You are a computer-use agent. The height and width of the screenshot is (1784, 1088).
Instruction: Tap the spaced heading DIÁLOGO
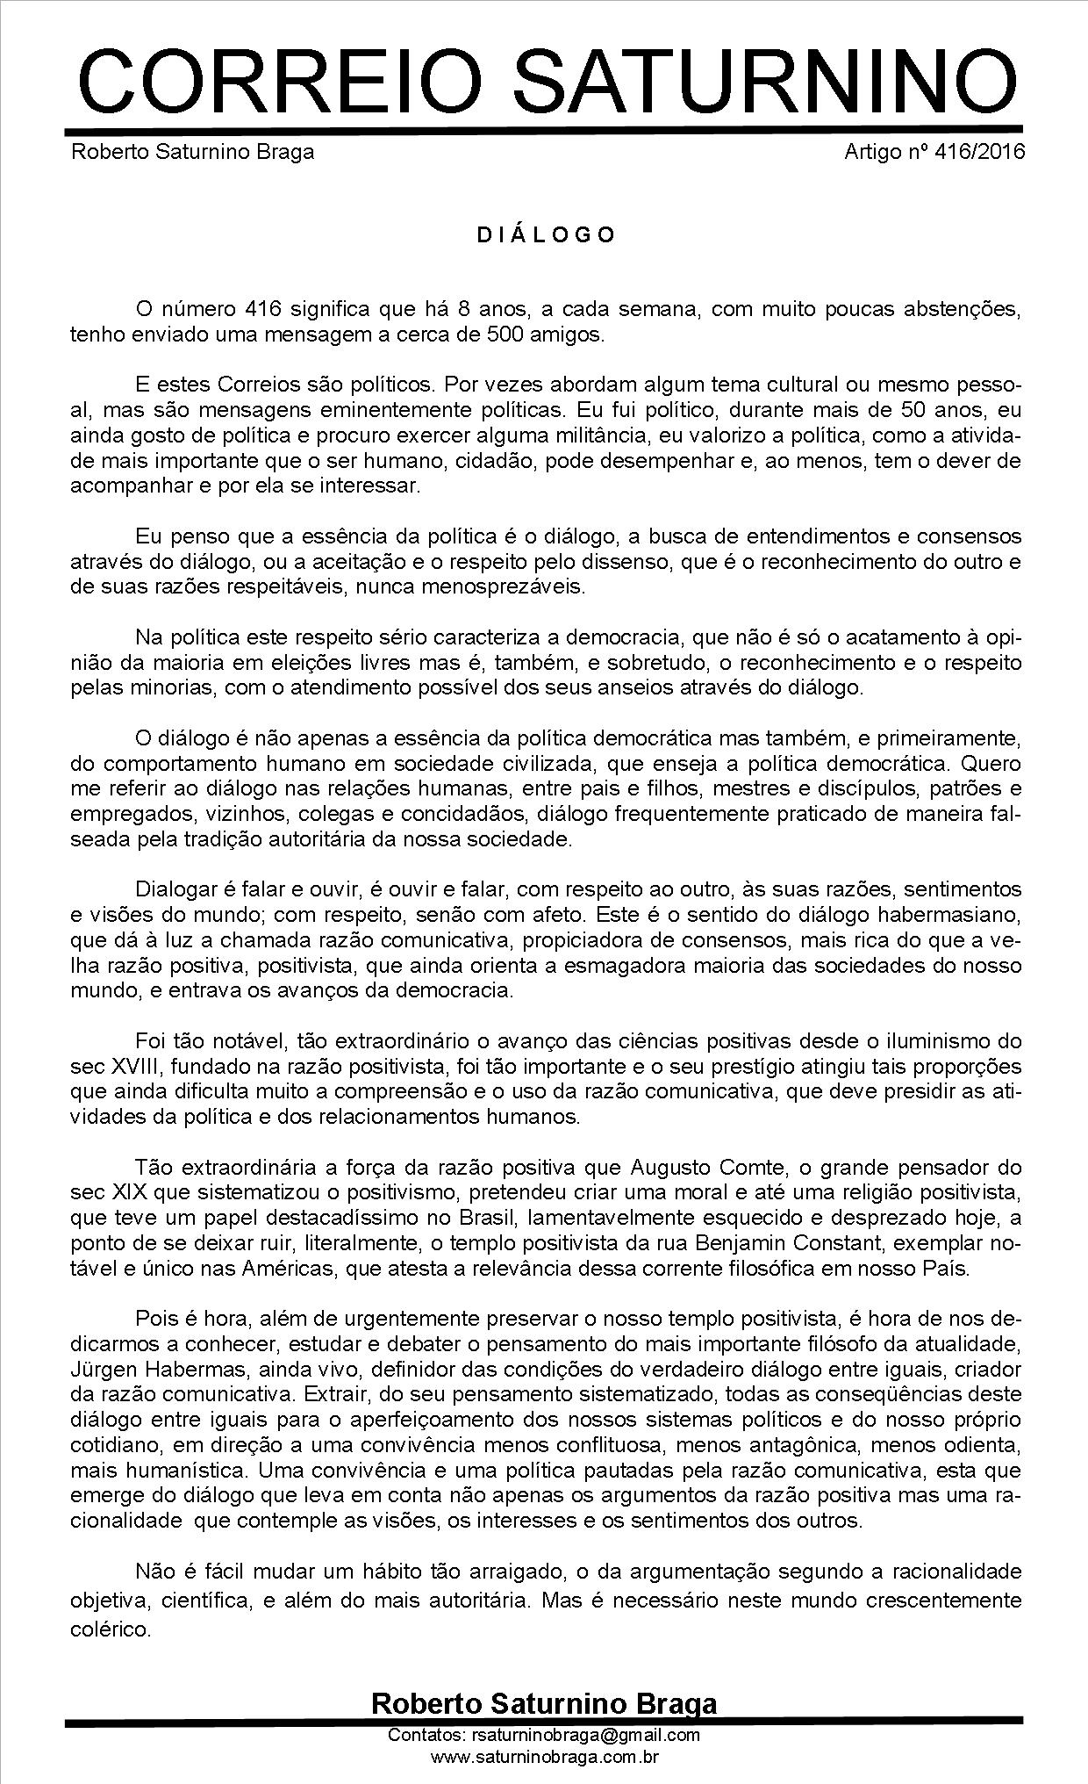pos(545,235)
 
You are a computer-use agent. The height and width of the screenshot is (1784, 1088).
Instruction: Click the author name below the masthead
pos(192,152)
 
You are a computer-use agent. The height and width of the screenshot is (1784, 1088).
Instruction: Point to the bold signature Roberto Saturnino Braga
pos(544,1703)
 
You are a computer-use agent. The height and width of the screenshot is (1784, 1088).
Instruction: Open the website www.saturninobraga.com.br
pos(544,1757)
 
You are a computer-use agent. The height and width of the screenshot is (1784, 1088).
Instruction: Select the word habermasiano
pos(948,916)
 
